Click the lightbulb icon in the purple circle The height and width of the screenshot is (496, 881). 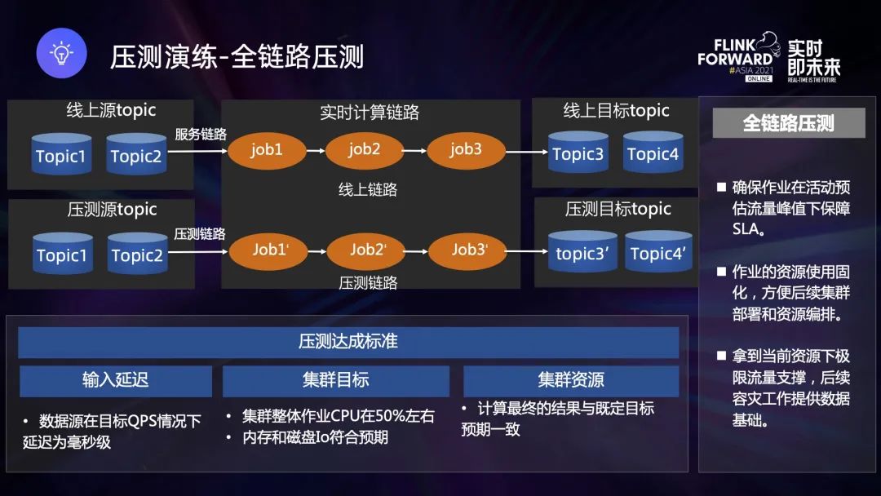[61, 54]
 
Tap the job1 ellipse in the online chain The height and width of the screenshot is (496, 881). [267, 150]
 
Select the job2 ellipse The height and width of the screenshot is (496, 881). [365, 149]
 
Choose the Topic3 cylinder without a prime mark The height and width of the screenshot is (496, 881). [578, 153]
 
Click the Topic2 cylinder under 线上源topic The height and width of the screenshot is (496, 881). [136, 155]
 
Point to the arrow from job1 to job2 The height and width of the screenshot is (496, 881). [316, 150]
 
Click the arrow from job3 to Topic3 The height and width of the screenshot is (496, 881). [526, 151]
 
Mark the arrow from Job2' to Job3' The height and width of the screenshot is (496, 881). [418, 250]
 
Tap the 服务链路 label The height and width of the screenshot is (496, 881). [201, 133]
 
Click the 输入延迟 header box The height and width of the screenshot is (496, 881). [116, 380]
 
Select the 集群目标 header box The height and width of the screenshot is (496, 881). [335, 380]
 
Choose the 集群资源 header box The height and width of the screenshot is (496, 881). [570, 380]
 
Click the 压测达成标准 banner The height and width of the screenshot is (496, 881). [348, 342]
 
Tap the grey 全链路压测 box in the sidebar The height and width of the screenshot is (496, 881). [788, 123]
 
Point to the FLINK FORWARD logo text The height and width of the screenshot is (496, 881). [735, 53]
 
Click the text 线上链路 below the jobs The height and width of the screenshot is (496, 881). [368, 189]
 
